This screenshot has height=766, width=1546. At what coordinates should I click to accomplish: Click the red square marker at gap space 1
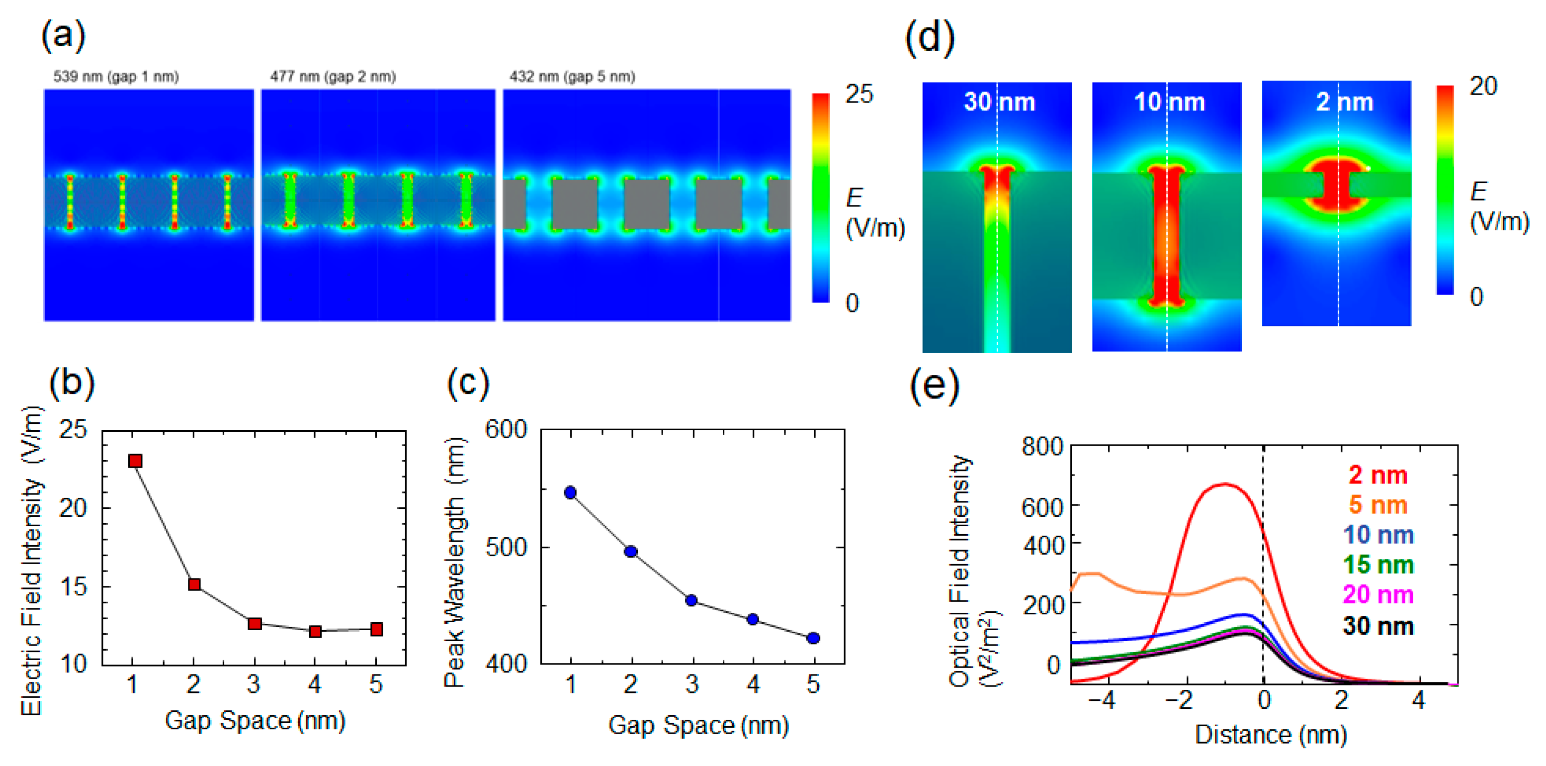tap(135, 461)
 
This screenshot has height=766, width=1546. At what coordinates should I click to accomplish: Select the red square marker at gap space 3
tap(255, 624)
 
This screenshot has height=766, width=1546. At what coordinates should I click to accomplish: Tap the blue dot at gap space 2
tap(631, 552)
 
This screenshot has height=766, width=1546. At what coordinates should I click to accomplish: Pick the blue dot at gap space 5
tap(813, 638)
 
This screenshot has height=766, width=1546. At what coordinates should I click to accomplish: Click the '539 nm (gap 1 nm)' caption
tap(116, 77)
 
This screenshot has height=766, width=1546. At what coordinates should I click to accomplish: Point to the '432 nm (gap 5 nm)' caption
tap(572, 77)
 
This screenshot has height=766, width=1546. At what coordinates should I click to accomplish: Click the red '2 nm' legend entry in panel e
tap(1377, 475)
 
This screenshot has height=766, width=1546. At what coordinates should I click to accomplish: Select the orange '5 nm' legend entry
tap(1377, 505)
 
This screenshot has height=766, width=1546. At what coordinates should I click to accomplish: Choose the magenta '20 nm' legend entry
tap(1377, 595)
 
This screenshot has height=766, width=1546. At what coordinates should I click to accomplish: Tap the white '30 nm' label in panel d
tap(999, 102)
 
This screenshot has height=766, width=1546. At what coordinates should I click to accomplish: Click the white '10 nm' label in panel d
tap(1169, 102)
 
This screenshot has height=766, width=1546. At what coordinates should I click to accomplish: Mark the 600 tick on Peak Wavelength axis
tap(506, 430)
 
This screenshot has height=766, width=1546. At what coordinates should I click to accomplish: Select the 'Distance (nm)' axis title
tap(1271, 735)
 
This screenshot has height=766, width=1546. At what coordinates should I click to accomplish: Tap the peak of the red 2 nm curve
tap(1224, 484)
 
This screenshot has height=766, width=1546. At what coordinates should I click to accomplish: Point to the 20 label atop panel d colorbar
tap(1483, 87)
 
